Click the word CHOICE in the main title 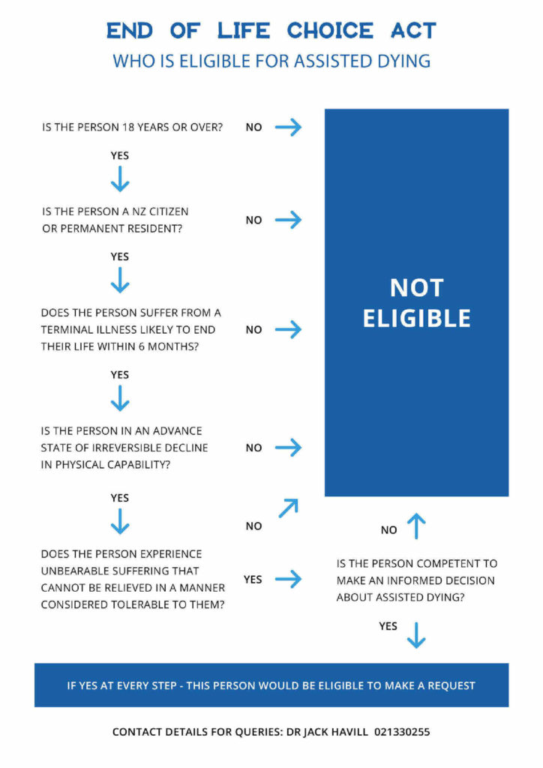pyautogui.click(x=330, y=30)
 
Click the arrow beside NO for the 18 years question pyautogui.click(x=289, y=127)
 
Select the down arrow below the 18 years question pyautogui.click(x=120, y=178)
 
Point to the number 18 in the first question pyautogui.click(x=128, y=127)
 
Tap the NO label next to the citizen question pyautogui.click(x=253, y=220)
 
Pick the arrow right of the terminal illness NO pyautogui.click(x=289, y=330)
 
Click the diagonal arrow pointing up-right pyautogui.click(x=289, y=508)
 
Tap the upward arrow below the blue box pyautogui.click(x=416, y=526)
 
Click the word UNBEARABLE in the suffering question pyautogui.click(x=73, y=571)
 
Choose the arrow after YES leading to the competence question pyautogui.click(x=289, y=579)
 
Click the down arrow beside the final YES pyautogui.click(x=416, y=635)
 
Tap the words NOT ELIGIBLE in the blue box pyautogui.click(x=417, y=303)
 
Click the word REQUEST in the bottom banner pyautogui.click(x=451, y=685)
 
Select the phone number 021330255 pyautogui.click(x=402, y=732)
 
